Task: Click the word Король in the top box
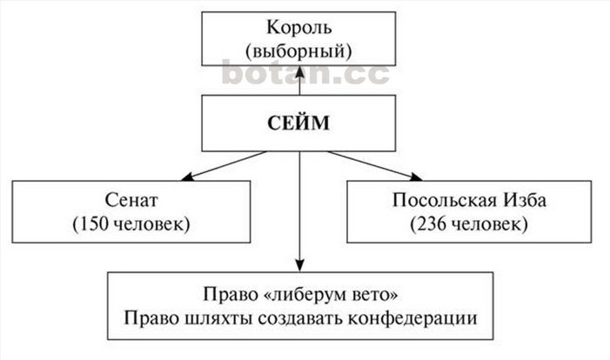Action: (x=298, y=28)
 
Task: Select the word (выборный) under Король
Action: (x=298, y=51)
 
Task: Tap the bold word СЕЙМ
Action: (x=298, y=123)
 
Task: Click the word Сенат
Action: (x=131, y=200)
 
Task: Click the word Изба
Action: (x=526, y=200)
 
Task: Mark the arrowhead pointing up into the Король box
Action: (x=299, y=71)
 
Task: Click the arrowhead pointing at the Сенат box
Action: (x=187, y=177)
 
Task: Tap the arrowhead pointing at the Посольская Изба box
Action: (x=416, y=177)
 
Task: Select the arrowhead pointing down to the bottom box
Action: (x=299, y=265)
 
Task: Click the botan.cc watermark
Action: (x=305, y=72)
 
